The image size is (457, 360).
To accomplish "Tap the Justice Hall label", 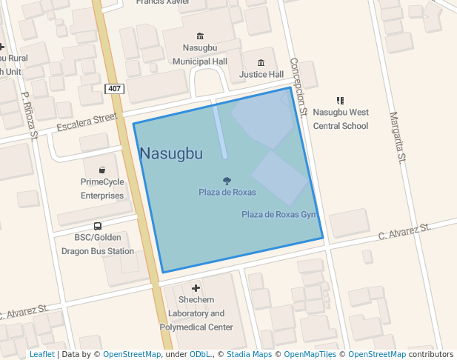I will pos(261,75).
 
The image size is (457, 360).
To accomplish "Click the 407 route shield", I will pos(113,89).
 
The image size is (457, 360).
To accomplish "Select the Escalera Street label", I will pos(87,123).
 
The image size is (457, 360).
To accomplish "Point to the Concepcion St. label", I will pos(298,87).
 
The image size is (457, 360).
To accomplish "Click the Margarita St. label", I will pos(398,137).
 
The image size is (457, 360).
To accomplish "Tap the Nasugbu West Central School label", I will pos(340,119).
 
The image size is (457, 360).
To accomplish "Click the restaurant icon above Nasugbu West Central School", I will pos(340,100).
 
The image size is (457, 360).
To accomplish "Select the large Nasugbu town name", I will pos(170,154).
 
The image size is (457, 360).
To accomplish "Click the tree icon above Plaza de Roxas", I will pos(227,180).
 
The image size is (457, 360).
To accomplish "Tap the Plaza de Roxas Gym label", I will pos(278,215).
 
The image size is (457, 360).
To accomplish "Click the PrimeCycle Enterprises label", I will pos(102,189).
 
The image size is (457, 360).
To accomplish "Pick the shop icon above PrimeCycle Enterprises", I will pos(101,170).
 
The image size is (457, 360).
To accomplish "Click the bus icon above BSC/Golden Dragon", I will pos(98,226).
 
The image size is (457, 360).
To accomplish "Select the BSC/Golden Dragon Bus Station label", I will pos(98,244).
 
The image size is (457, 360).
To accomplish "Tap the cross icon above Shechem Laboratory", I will pos(196,287).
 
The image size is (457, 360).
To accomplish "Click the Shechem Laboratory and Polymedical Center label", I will pos(196,313).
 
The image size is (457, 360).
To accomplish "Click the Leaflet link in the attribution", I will pos(41,355).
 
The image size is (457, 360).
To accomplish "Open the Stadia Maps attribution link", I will pos(249,355).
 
